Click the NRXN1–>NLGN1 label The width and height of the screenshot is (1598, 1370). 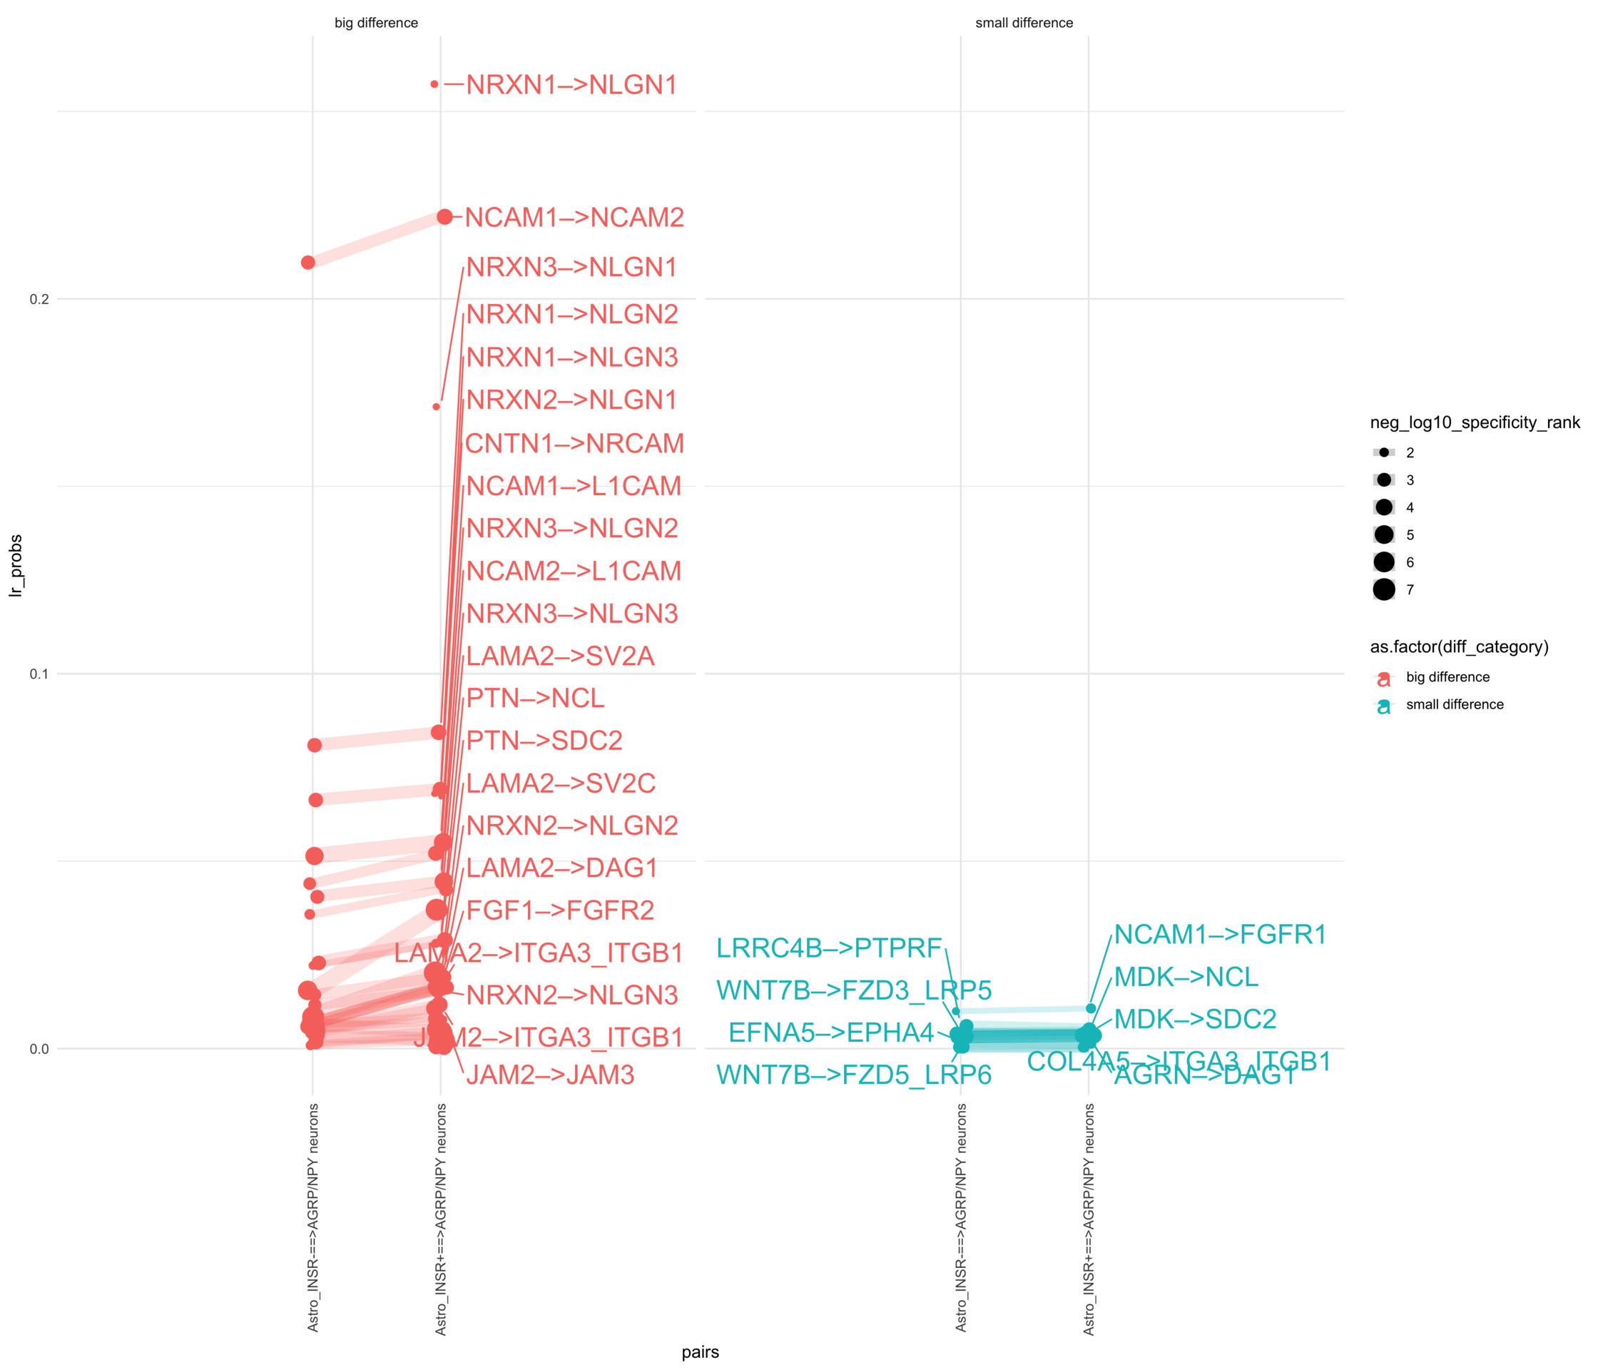click(x=571, y=85)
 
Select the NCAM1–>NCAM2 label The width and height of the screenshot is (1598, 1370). click(x=574, y=218)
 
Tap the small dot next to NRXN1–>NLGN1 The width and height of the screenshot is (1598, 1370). click(x=434, y=84)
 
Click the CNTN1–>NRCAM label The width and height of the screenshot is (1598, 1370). click(x=574, y=444)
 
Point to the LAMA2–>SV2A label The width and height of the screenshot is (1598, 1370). click(x=560, y=656)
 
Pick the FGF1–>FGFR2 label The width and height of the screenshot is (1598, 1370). click(x=560, y=910)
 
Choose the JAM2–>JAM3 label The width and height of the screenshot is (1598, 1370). click(x=550, y=1075)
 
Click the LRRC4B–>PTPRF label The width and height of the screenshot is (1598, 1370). click(x=829, y=948)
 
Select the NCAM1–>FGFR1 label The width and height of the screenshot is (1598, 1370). click(x=1220, y=935)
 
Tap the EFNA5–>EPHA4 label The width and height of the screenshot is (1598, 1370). click(x=830, y=1033)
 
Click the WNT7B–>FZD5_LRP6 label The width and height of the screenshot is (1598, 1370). click(x=854, y=1075)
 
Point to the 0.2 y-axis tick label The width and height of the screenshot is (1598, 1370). click(x=39, y=299)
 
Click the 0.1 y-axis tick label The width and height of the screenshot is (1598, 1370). click(x=39, y=674)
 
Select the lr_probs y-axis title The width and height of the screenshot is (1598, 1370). click(x=16, y=565)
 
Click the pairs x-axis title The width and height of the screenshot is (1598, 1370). click(x=701, y=1351)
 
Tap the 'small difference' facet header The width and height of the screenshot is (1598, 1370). click(x=1024, y=23)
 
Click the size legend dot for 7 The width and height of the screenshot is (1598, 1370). click(x=1383, y=590)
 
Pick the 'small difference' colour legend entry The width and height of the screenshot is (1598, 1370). click(x=1454, y=704)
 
